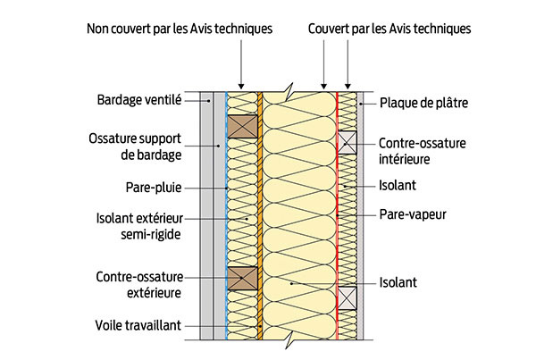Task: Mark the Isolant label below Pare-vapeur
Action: point(398,282)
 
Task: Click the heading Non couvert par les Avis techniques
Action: point(180,28)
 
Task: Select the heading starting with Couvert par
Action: point(389,28)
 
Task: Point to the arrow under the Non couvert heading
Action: point(242,67)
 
